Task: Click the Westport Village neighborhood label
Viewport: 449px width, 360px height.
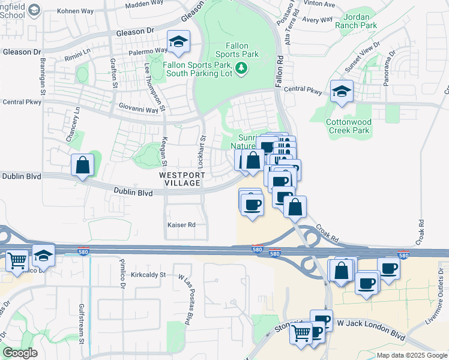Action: point(182,178)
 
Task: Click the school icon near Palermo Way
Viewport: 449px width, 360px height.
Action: point(178,42)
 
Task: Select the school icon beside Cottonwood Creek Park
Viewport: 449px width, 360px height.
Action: point(342,92)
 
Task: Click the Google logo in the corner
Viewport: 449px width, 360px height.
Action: point(20,353)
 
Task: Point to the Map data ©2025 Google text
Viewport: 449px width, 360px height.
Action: point(412,355)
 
